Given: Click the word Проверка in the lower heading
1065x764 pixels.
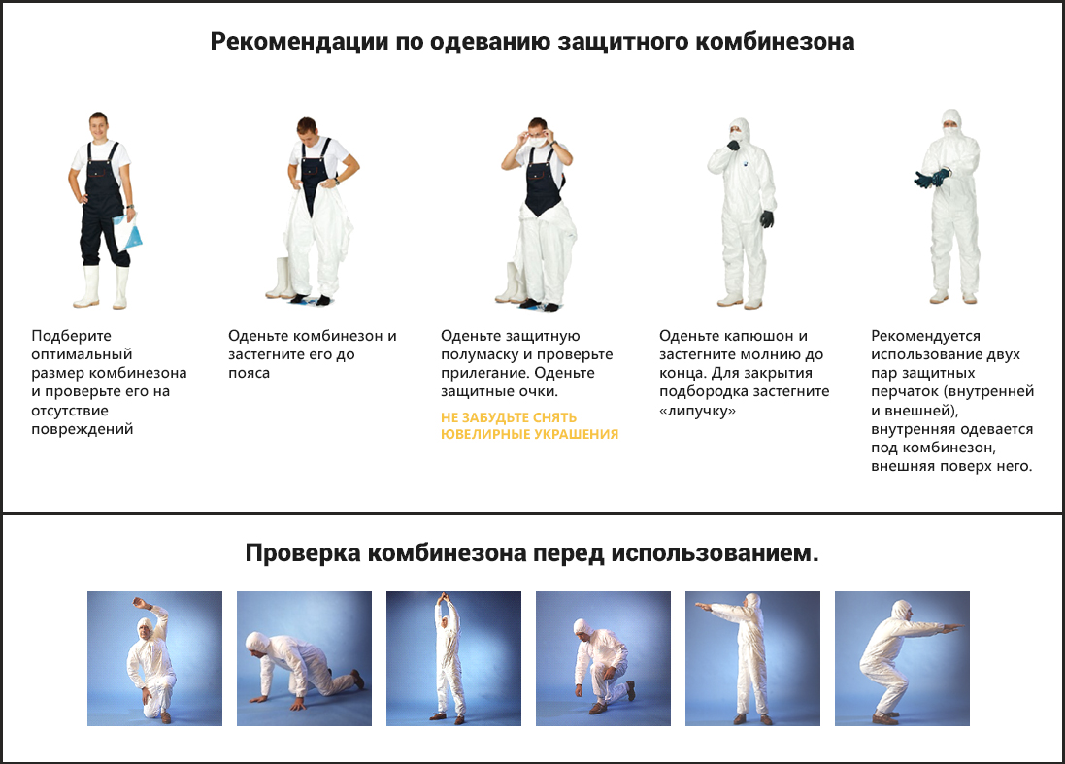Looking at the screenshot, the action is point(303,553).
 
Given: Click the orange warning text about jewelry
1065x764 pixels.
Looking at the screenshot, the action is point(529,426).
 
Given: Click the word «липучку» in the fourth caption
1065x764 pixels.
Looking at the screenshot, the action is point(698,411).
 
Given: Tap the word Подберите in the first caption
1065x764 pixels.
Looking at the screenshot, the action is point(71,336).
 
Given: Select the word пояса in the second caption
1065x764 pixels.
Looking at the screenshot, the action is point(250,373).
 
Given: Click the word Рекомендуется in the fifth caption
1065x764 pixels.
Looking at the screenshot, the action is point(926,336).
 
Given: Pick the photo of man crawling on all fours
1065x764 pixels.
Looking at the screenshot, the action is point(304,659).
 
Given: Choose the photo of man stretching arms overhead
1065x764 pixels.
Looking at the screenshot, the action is point(453,659).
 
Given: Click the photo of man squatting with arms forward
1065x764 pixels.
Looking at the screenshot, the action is point(902,659).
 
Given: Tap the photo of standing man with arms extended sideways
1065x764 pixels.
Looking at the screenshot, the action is point(752,659).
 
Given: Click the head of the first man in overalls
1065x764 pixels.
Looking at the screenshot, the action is point(99,127).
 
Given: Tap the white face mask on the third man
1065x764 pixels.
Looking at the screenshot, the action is point(538,142).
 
